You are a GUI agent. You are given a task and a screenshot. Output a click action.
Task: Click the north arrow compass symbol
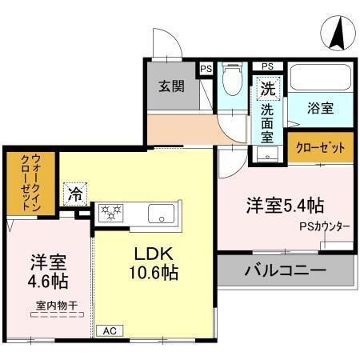pos(338,33)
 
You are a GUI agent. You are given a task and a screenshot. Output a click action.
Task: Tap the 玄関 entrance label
pos(170,86)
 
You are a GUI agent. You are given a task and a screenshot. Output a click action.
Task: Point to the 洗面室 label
pos(266,120)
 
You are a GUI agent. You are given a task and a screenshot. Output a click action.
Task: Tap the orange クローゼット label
pos(320,147)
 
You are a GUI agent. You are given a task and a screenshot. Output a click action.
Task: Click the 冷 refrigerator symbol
pos(74,193)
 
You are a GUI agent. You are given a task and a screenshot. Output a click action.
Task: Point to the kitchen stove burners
pos(110,213)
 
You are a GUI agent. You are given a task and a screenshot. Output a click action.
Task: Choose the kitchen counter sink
pos(161,214)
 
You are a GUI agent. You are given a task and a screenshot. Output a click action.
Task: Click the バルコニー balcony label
pos(285,270)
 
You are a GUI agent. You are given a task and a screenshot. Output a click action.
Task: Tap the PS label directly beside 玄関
pos(206,69)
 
